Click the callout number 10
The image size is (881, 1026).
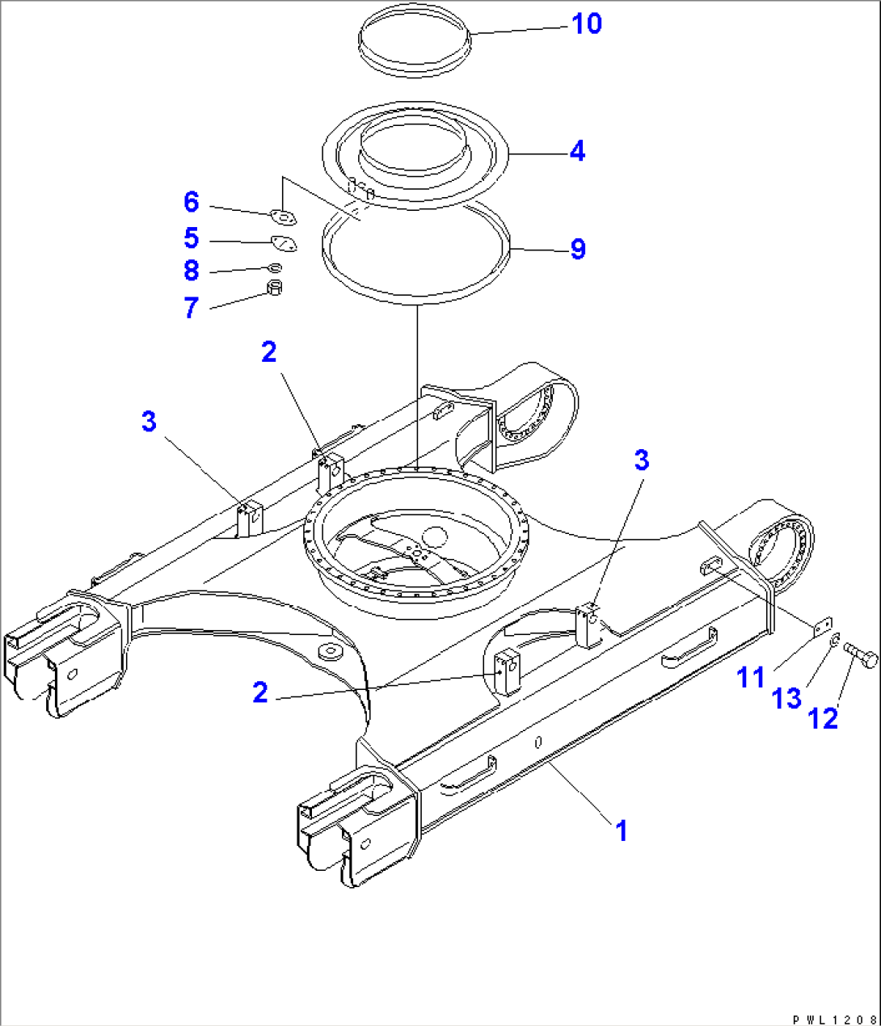587,24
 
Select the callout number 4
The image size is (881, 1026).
576,151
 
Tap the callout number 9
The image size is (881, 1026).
577,249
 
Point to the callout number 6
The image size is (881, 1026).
191,202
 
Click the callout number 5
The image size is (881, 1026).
191,238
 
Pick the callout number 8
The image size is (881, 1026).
191,270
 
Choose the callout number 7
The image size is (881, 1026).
191,307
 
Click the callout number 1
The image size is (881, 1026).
621,830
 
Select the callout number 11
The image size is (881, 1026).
751,677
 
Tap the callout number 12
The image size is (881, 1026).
824,717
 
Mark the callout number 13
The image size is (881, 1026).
787,698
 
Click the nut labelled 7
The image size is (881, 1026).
275,288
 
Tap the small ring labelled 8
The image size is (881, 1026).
275,267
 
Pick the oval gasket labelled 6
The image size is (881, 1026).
284,217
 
